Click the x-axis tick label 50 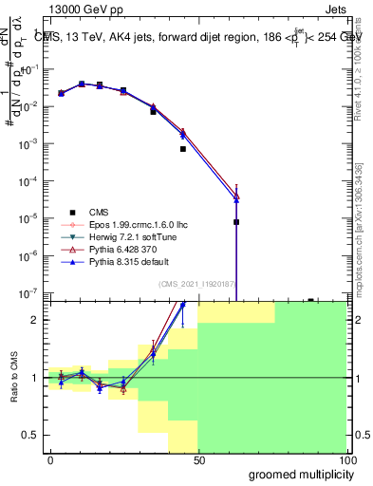coord(198,459)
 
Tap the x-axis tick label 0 coord(50,459)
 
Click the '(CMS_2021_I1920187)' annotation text coord(198,284)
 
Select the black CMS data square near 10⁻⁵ coord(236,222)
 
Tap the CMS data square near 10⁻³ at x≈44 coord(183,149)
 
